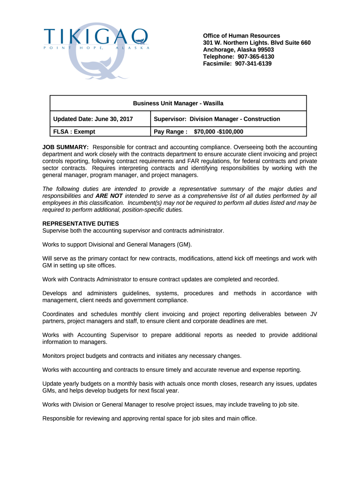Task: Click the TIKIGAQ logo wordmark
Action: [x=96, y=36]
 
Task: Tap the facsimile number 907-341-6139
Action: [x=253, y=64]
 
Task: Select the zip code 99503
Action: [x=265, y=50]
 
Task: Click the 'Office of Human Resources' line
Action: [x=241, y=36]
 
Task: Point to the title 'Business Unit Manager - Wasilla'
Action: [x=178, y=103]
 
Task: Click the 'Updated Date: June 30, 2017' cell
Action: [x=93, y=119]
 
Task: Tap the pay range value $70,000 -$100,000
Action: [x=218, y=132]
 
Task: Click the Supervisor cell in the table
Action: [x=217, y=119]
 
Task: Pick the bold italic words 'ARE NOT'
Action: [x=109, y=196]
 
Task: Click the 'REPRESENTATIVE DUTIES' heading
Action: [x=80, y=224]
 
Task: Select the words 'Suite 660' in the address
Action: [x=296, y=43]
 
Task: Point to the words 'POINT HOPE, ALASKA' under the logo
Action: [x=97, y=48]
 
